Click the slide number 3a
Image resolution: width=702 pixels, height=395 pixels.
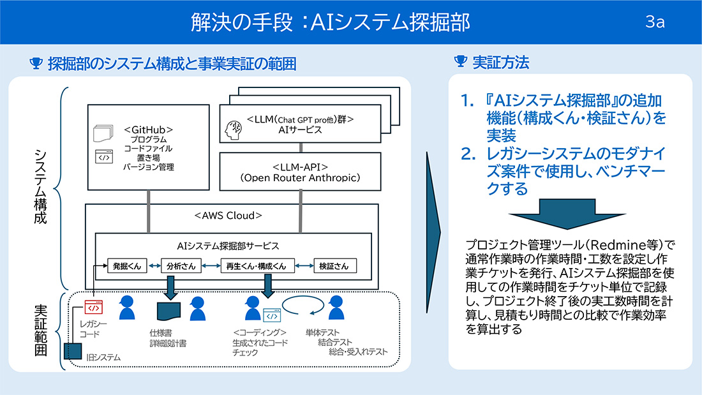655,22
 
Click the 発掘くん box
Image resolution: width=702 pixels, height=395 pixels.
126,265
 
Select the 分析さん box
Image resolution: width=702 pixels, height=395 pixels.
180,265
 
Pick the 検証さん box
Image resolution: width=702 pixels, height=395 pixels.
334,265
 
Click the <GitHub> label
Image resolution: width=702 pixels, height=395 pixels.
149,129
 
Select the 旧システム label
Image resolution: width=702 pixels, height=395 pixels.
103,357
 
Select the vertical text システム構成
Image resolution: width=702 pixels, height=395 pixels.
40,186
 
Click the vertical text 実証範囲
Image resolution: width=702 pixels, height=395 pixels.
40,330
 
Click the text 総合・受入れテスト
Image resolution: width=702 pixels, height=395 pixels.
359,352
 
